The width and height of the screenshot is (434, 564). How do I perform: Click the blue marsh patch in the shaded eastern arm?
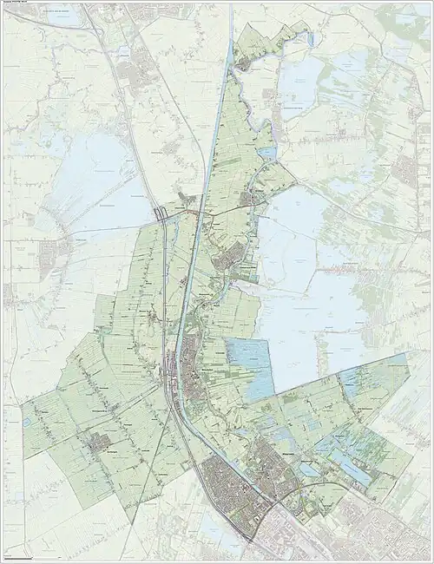click(x=352, y=382)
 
